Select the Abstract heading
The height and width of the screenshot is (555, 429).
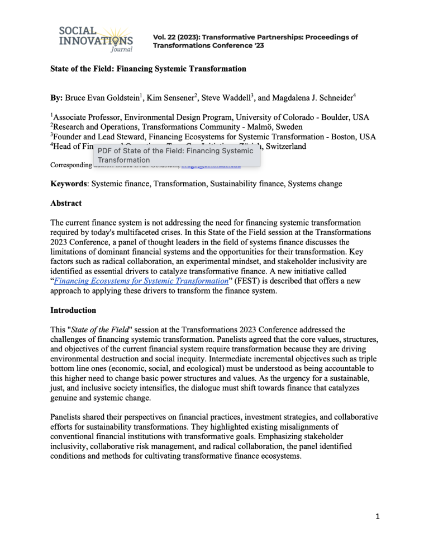[x=66, y=203]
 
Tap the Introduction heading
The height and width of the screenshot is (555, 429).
[x=73, y=309]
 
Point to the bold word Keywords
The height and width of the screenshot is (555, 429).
[x=69, y=183]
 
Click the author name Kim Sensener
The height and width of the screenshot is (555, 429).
[x=167, y=98]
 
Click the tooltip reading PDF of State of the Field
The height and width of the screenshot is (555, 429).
[x=175, y=155]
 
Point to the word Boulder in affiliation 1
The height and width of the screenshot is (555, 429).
[x=330, y=117]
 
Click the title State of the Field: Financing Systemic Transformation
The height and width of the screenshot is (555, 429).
[x=148, y=69]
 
